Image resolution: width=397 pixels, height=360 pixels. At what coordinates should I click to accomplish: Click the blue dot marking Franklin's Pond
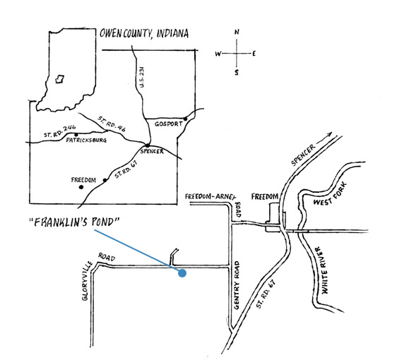[182, 273]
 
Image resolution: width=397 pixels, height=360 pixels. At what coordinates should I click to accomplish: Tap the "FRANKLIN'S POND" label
[74, 222]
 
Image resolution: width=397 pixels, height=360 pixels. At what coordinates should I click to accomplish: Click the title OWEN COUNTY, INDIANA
[144, 34]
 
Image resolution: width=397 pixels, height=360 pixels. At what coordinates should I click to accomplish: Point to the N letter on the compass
[237, 32]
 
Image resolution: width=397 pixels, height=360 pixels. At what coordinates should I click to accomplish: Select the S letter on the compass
[236, 73]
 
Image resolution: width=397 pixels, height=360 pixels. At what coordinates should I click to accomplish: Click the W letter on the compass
[218, 54]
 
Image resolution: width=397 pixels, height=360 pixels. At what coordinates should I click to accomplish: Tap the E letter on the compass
[254, 54]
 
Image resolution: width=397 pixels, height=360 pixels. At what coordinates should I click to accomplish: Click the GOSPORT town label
[169, 124]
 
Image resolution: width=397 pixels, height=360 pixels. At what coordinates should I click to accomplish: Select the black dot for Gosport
[185, 119]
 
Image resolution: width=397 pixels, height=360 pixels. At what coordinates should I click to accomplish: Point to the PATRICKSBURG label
[86, 140]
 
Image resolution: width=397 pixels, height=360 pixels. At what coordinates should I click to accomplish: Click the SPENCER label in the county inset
[152, 151]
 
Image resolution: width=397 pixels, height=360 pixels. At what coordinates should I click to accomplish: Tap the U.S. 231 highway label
[142, 77]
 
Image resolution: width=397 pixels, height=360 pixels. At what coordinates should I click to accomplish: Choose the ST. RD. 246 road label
[60, 131]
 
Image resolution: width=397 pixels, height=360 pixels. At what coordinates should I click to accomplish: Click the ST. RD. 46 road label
[112, 124]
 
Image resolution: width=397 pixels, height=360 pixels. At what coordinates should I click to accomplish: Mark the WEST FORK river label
[330, 194]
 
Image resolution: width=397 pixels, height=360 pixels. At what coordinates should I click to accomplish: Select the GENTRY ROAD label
[237, 285]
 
